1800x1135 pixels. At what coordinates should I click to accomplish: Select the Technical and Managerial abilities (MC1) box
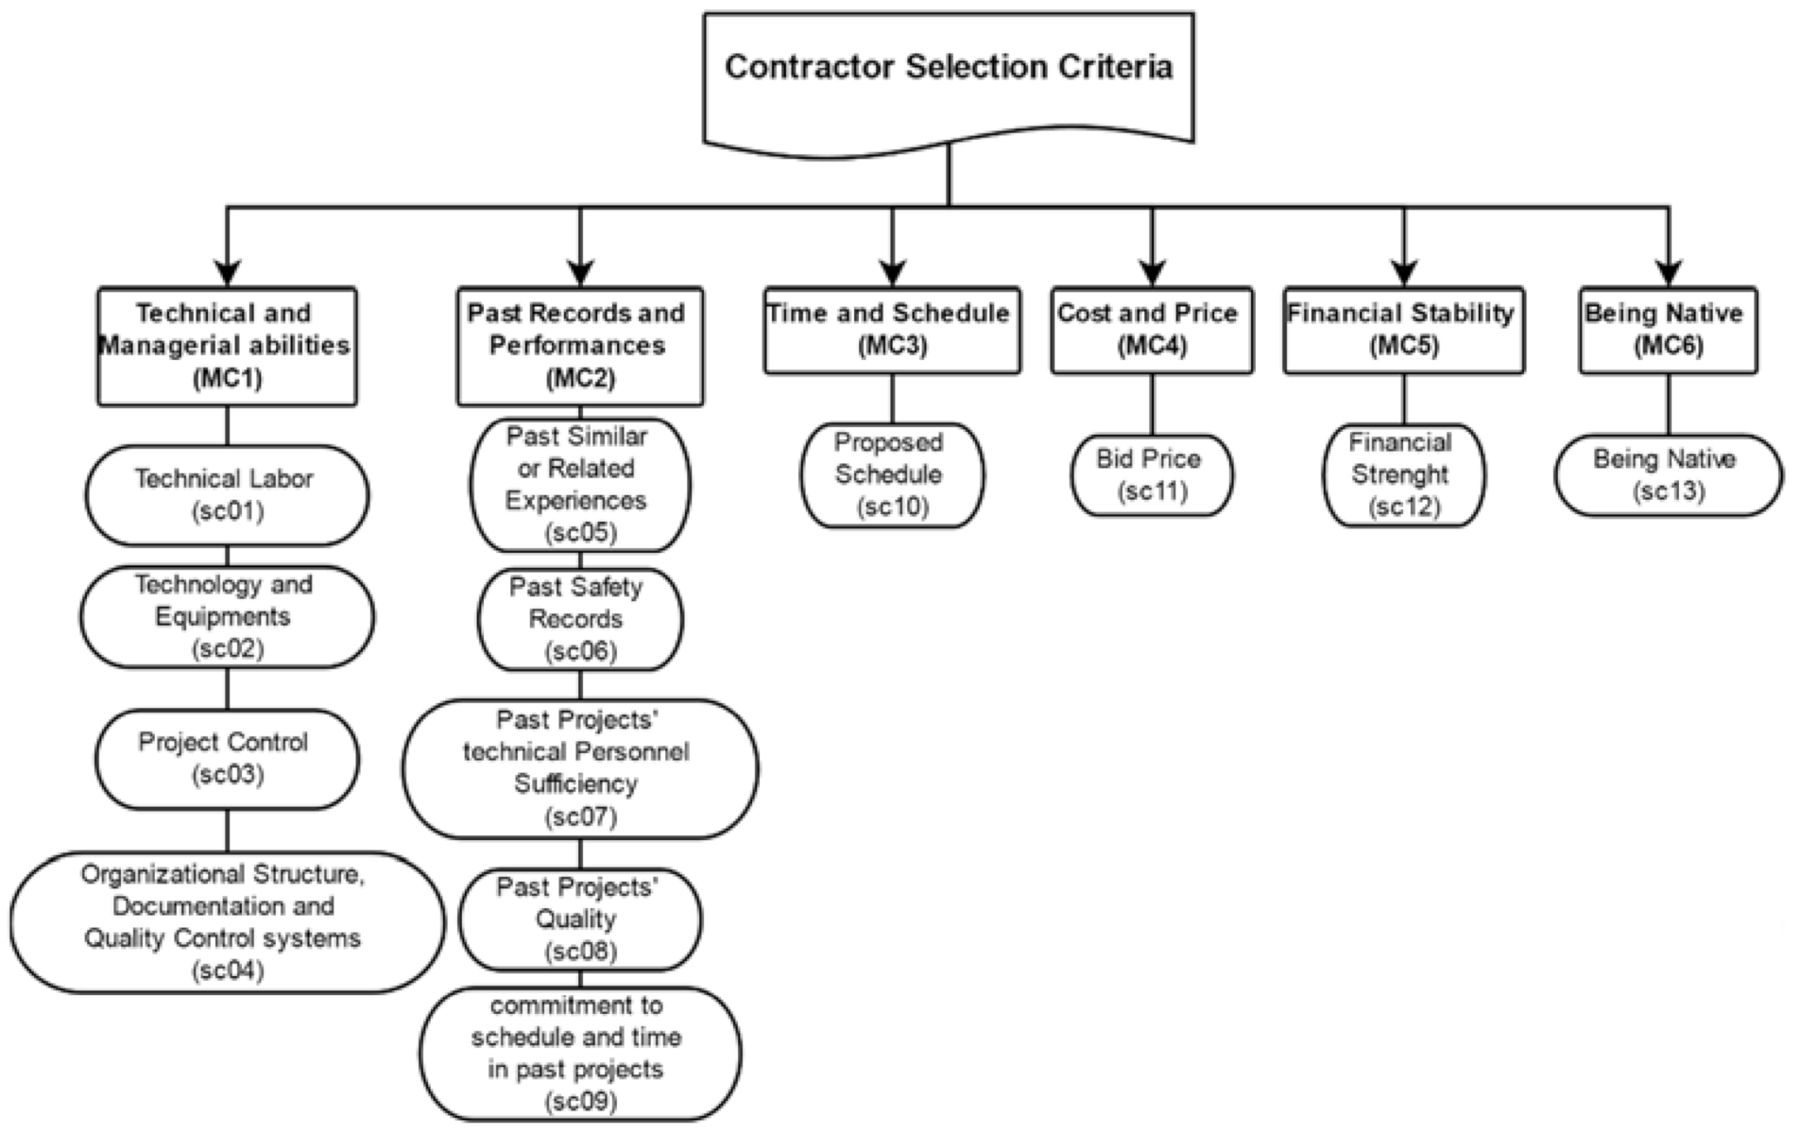click(227, 346)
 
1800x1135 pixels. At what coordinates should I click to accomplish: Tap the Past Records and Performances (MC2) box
click(579, 346)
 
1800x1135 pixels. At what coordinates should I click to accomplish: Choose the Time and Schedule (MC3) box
click(891, 330)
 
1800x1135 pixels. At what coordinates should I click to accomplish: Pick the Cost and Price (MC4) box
click(1151, 330)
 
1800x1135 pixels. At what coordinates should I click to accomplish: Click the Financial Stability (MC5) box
click(1403, 330)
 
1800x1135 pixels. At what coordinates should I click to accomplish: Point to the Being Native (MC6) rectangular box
click(1668, 330)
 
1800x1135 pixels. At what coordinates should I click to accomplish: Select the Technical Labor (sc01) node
click(227, 495)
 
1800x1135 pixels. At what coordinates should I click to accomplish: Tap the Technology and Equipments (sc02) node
click(227, 616)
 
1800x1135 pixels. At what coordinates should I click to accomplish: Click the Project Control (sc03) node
click(227, 759)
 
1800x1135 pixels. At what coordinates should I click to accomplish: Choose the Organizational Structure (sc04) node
click(227, 922)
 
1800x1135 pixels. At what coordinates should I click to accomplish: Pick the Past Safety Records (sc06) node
click(579, 619)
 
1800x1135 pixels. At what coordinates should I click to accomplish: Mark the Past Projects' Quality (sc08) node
click(579, 920)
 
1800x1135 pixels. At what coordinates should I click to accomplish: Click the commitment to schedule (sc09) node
click(579, 1054)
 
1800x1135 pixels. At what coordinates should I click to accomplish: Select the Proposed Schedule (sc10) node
click(891, 474)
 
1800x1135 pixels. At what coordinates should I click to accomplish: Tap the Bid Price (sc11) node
click(1151, 474)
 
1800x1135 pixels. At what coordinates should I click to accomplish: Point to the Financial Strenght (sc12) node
click(1403, 474)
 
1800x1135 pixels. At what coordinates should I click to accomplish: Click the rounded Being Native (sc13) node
click(1668, 474)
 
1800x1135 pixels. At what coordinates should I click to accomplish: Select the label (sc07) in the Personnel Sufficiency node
click(580, 817)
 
